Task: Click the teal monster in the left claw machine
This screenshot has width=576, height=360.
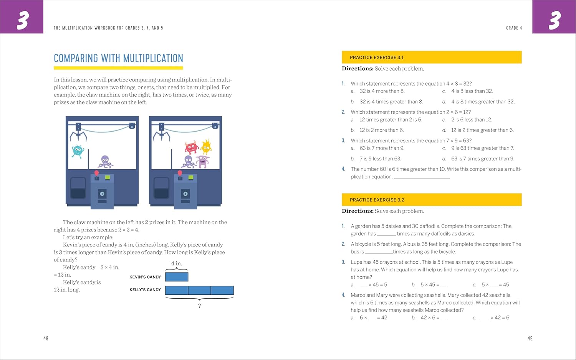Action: (x=78, y=151)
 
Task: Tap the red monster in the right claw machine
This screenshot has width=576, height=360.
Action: (x=191, y=147)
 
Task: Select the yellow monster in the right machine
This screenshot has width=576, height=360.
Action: (x=206, y=147)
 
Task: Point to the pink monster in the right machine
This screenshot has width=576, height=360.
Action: (x=202, y=161)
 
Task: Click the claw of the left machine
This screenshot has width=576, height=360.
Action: (x=78, y=134)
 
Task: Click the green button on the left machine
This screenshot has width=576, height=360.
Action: (x=108, y=177)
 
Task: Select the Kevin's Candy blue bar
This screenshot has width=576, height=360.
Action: (x=177, y=277)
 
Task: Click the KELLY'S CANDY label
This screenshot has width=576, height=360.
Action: (x=145, y=290)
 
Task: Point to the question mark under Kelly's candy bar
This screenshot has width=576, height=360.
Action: (x=199, y=306)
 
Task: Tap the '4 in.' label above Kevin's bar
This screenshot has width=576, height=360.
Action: (x=177, y=263)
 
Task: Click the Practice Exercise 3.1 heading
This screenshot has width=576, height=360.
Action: (x=377, y=58)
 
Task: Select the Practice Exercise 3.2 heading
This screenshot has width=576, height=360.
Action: (x=377, y=200)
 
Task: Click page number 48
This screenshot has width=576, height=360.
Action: (x=46, y=339)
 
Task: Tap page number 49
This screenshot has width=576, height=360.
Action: (x=530, y=339)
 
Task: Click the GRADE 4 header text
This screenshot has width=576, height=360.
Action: (x=514, y=28)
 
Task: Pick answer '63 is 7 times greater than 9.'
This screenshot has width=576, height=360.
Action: (x=482, y=159)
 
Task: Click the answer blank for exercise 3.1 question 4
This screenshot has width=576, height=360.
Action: (x=422, y=177)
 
